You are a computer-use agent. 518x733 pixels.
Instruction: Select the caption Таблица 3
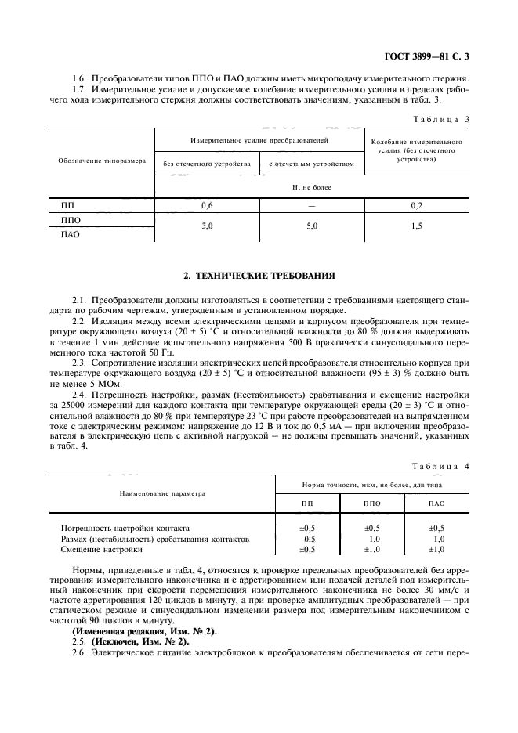coord(441,118)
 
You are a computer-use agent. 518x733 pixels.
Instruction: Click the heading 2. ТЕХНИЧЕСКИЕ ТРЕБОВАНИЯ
coord(259,276)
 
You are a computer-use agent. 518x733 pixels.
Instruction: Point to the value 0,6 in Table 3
coord(207,205)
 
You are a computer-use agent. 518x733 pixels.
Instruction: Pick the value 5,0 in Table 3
coord(311,226)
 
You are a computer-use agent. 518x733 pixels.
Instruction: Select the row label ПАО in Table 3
coord(71,233)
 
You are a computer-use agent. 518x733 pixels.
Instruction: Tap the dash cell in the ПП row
coord(311,205)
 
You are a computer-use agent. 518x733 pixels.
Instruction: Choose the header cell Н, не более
coord(311,188)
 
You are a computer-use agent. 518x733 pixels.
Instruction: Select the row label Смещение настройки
coord(96,550)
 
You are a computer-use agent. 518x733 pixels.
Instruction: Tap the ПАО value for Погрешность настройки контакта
coord(437,528)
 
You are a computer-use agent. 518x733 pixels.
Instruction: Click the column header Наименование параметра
coord(162,494)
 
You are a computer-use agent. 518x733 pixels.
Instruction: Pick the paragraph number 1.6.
coord(79,79)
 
